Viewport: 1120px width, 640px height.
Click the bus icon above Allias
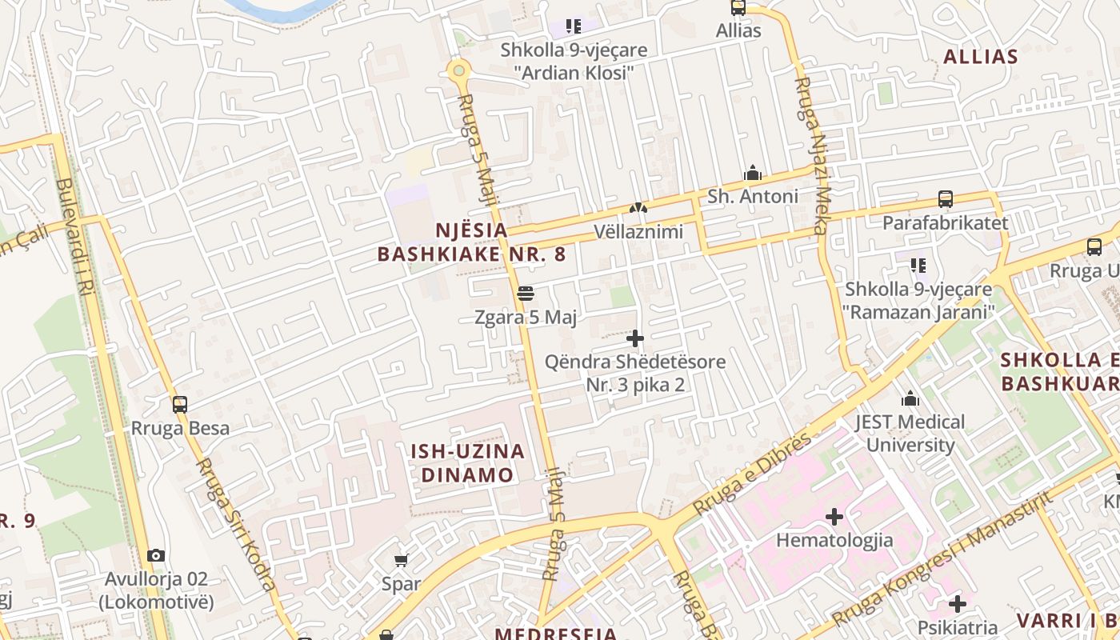click(738, 8)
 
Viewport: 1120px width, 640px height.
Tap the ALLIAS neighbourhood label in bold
click(980, 57)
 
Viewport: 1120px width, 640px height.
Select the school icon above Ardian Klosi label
click(573, 26)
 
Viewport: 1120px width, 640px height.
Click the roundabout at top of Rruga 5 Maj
click(458, 70)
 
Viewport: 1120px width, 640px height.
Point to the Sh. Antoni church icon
click(752, 173)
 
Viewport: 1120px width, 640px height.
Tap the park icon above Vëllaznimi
click(638, 208)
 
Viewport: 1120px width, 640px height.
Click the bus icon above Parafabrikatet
click(945, 199)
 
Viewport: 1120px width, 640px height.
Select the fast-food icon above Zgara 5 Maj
click(525, 294)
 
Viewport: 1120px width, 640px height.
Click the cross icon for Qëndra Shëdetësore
click(635, 338)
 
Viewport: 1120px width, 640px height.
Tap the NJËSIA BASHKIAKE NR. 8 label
click(471, 242)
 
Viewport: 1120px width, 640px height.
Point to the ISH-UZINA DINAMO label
click(467, 463)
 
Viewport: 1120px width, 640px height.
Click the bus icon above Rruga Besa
click(180, 405)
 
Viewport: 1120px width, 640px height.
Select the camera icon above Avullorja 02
click(156, 555)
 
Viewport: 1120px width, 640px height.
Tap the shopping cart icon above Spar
click(401, 560)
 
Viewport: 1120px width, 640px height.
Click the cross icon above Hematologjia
click(834, 517)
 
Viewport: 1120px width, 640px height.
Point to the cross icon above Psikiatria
click(958, 603)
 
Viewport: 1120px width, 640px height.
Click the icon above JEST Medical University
click(910, 398)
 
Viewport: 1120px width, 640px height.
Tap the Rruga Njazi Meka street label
click(811, 156)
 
